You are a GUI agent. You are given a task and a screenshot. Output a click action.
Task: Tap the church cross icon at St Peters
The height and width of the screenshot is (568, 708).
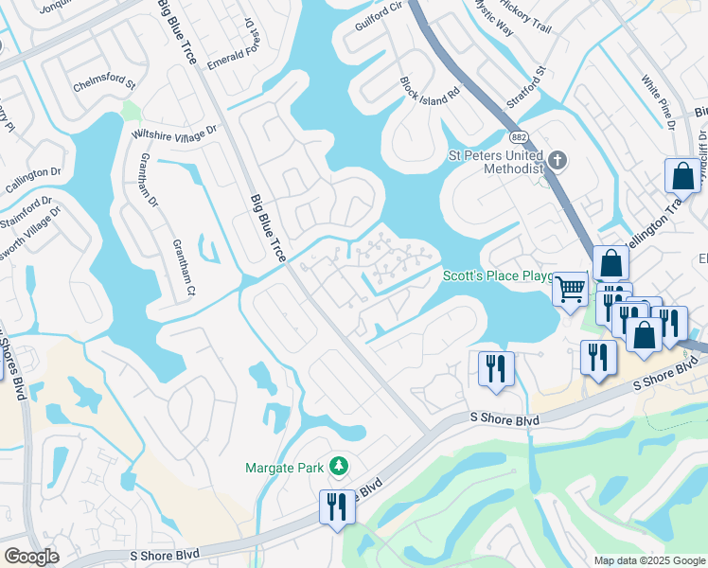point(557,159)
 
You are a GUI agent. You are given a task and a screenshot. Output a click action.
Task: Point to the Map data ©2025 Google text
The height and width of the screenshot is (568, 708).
point(649,560)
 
